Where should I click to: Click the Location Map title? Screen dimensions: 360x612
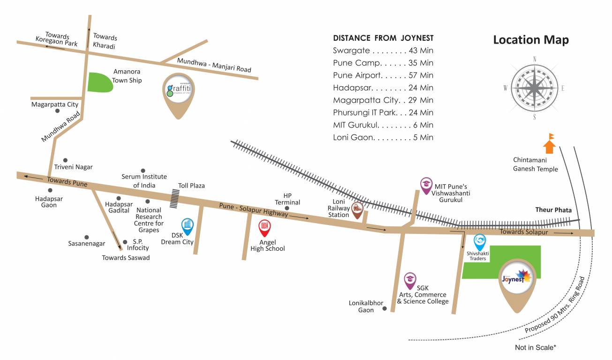coord(530,40)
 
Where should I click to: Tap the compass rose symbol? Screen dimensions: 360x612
coord(534,88)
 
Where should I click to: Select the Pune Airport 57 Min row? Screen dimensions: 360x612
coord(383,75)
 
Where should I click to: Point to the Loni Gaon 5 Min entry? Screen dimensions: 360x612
coord(383,137)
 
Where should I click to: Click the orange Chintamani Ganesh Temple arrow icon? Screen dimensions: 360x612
coord(549,144)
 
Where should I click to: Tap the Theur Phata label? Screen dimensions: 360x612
coord(553,210)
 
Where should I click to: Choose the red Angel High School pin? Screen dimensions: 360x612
coord(264,228)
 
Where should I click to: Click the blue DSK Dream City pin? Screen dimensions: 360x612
coord(187,226)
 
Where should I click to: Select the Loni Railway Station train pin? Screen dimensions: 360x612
coord(358,210)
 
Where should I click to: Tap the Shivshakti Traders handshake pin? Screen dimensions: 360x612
coord(479,242)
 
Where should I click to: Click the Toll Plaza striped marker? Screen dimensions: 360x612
coord(175,198)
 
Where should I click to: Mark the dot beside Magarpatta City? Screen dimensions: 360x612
coord(57,111)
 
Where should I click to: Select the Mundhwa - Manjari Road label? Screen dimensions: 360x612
coord(214,65)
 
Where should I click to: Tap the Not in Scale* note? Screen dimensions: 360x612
coord(535,347)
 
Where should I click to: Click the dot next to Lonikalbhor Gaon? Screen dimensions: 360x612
coord(385,308)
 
